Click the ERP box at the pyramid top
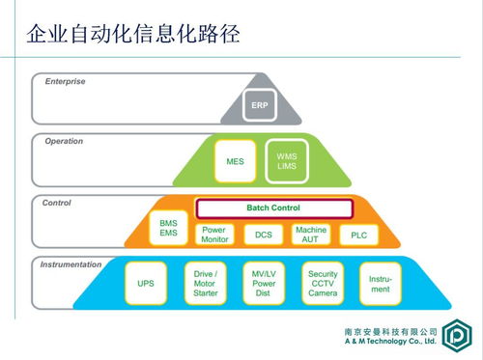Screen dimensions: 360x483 click(260, 105)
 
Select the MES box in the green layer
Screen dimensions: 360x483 click(235, 162)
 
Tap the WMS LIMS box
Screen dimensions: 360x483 click(287, 162)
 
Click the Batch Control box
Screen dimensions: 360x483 click(266, 208)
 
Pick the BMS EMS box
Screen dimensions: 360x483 click(168, 228)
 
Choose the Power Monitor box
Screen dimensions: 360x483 click(215, 235)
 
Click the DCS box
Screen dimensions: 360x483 click(264, 235)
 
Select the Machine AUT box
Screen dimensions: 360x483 click(311, 235)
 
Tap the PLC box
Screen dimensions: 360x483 click(358, 235)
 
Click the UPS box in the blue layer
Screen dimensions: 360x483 click(145, 285)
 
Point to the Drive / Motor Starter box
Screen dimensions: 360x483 click(205, 285)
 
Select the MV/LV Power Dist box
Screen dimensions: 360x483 click(264, 285)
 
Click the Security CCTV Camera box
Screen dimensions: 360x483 click(323, 285)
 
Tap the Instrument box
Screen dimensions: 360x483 click(381, 285)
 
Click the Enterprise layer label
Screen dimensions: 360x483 click(65, 81)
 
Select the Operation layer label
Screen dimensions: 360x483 click(64, 141)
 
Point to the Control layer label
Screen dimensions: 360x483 click(57, 203)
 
